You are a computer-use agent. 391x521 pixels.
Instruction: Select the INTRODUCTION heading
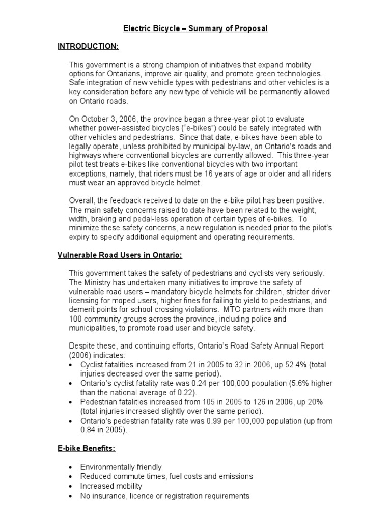click(88, 46)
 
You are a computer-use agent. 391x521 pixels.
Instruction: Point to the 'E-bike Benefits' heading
click(86, 449)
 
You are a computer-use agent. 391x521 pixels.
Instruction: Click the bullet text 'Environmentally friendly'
click(121, 467)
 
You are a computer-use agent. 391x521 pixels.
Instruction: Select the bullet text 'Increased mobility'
click(111, 486)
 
